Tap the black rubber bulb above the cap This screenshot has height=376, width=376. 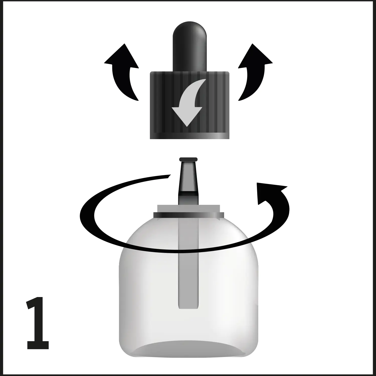(190, 45)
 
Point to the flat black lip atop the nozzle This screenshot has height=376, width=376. (189, 159)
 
